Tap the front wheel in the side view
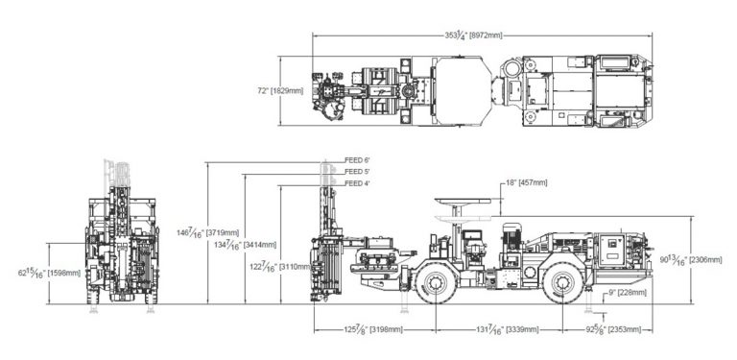438,283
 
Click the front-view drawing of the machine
123,240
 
